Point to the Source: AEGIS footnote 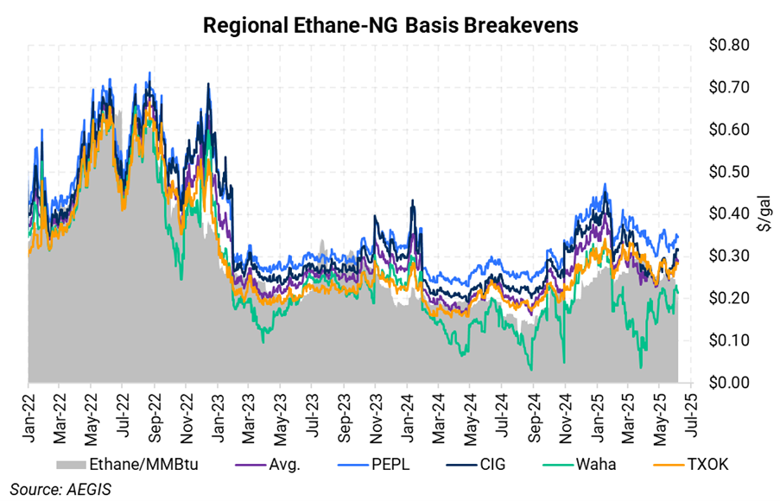point(61,489)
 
